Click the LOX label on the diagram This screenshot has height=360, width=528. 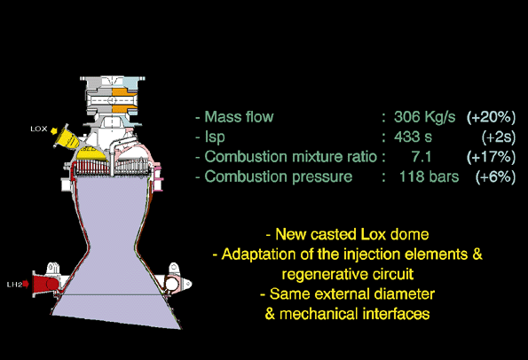[x=39, y=129]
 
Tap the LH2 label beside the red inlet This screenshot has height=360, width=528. [x=14, y=285]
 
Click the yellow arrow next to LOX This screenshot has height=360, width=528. [x=54, y=130]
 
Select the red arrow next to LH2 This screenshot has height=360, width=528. [x=26, y=285]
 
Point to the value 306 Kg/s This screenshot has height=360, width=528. [x=425, y=117]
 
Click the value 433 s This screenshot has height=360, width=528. [x=413, y=137]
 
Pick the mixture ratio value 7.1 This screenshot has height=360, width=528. [x=422, y=157]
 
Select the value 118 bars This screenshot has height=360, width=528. [x=429, y=176]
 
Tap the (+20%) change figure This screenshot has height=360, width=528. [x=491, y=117]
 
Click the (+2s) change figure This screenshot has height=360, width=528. [x=499, y=137]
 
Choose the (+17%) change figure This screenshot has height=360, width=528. [x=491, y=157]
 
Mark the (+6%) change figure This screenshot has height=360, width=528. [x=495, y=176]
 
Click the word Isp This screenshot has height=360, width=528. [x=215, y=137]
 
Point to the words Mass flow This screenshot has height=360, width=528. [x=239, y=117]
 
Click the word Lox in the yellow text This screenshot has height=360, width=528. [x=373, y=234]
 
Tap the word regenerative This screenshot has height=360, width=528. [x=323, y=275]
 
